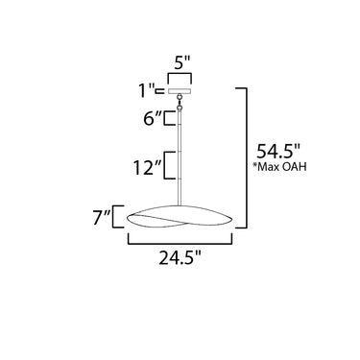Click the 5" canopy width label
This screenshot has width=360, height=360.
coord(182,62)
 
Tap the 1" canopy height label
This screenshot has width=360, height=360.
coord(147,90)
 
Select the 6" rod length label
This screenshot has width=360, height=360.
coord(153,118)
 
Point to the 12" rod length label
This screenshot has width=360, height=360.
coord(148,167)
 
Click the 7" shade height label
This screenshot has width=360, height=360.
coord(102,218)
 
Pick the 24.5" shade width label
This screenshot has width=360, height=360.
coord(180,257)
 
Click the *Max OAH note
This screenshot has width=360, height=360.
coord(279,166)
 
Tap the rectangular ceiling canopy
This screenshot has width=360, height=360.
coord(180,91)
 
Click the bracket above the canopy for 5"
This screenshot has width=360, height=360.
coord(180,74)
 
